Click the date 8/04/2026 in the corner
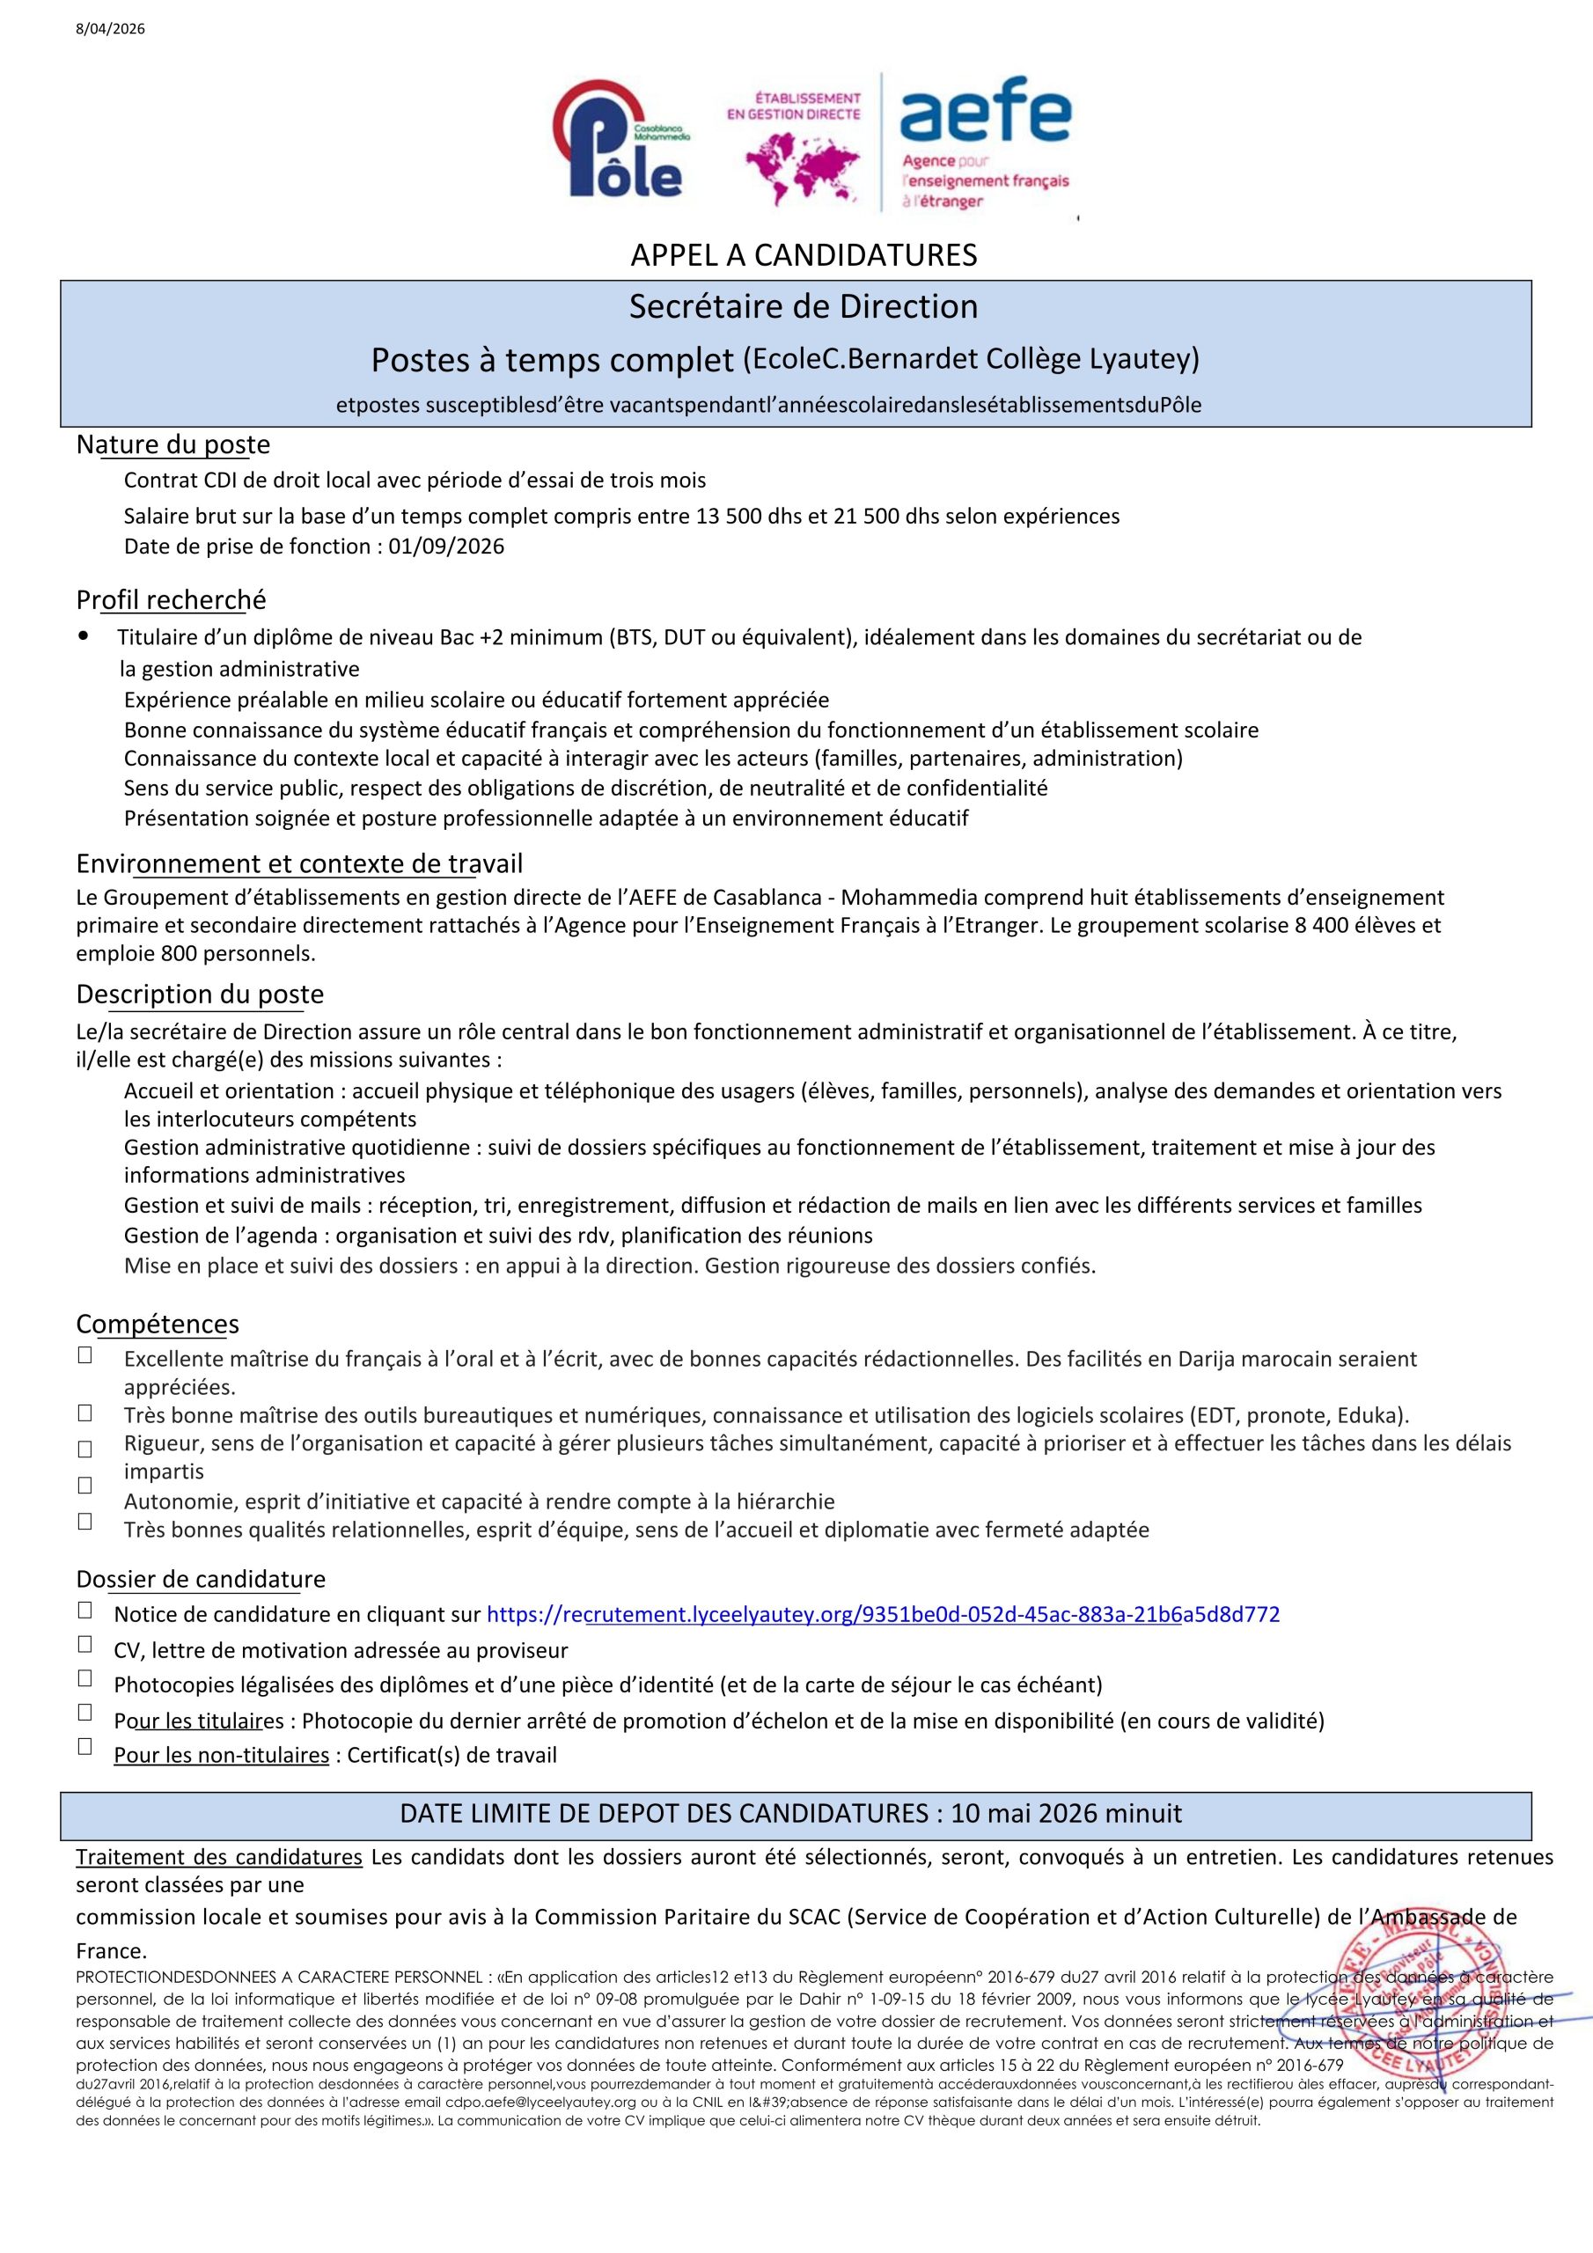point(110,29)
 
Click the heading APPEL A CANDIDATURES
point(803,255)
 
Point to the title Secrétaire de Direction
point(803,306)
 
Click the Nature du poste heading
point(173,444)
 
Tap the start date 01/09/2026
point(445,547)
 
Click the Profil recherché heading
point(171,599)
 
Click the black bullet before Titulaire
point(84,636)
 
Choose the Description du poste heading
point(199,994)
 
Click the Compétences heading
point(157,1325)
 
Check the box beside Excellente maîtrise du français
point(85,1355)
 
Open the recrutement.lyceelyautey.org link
point(883,1614)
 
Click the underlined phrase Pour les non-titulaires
point(221,1755)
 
